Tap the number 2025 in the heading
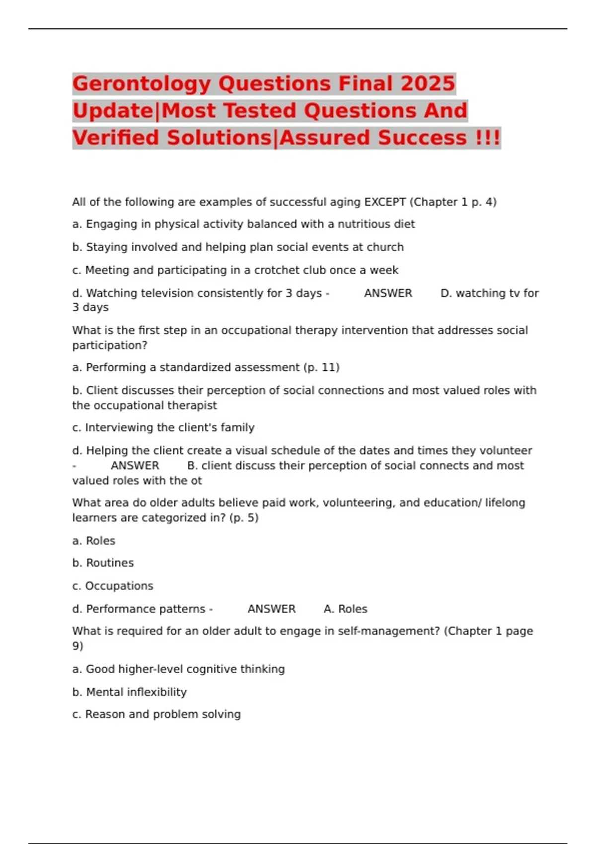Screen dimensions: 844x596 tap(428, 84)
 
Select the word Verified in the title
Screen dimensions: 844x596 tap(116, 138)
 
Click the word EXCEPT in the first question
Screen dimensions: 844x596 tap(385, 202)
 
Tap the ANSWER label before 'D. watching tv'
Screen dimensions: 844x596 tap(388, 293)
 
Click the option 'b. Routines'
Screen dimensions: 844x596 tap(103, 563)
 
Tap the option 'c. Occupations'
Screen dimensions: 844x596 tap(113, 586)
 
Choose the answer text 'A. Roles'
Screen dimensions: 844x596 tap(345, 609)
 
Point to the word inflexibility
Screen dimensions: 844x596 tap(156, 692)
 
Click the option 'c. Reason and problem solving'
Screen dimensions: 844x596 tap(156, 714)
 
